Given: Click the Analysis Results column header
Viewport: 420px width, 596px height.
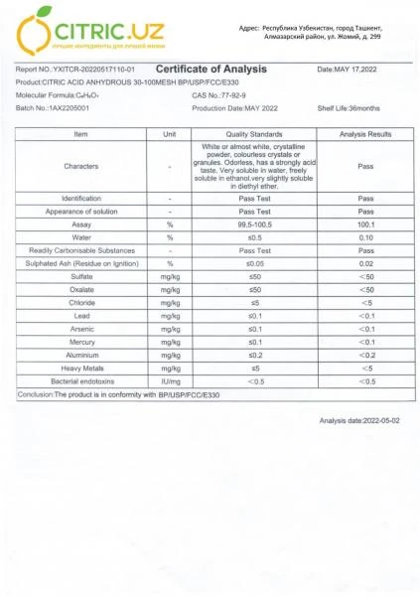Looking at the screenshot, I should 365,133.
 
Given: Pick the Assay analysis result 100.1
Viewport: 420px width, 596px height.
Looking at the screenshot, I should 365,225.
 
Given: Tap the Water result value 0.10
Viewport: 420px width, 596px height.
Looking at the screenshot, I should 365,238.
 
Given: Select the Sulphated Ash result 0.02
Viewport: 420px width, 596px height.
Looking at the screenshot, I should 365,264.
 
